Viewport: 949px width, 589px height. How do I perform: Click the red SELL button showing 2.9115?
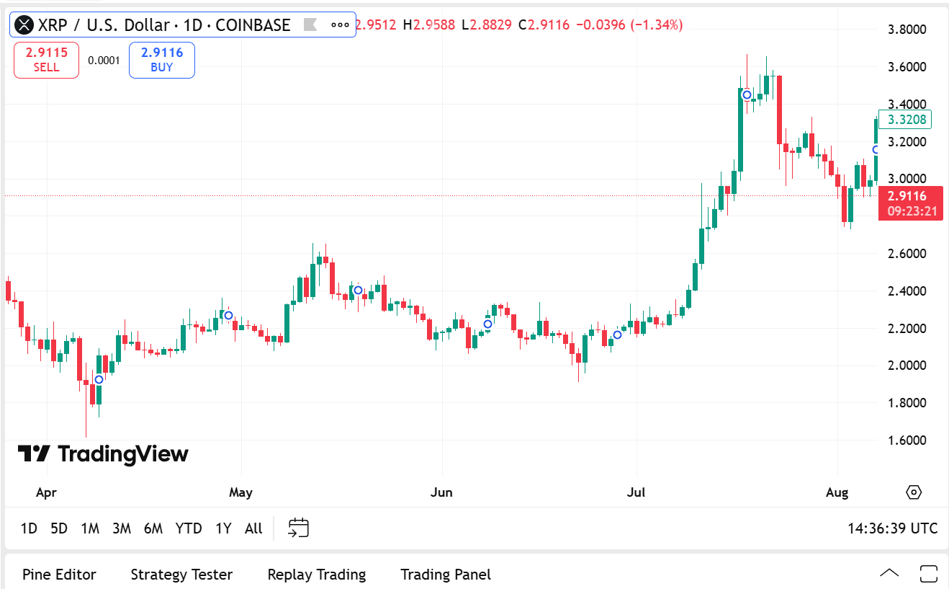click(x=46, y=60)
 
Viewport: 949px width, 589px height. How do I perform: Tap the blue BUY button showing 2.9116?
click(x=162, y=60)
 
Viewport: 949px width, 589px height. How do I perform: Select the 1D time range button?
click(x=29, y=528)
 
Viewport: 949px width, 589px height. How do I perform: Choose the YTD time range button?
click(x=189, y=528)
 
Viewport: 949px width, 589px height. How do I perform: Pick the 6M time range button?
click(x=153, y=528)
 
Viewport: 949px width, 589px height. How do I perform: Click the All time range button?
click(x=253, y=528)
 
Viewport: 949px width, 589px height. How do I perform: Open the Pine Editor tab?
click(x=59, y=575)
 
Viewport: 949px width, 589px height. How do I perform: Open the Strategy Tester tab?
click(x=181, y=575)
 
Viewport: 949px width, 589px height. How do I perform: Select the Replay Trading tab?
click(x=316, y=575)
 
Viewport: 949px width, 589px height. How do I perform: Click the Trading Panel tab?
click(x=446, y=575)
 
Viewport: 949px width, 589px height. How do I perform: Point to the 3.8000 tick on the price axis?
click(x=906, y=30)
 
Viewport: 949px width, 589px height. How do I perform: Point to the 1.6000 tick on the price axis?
click(x=906, y=440)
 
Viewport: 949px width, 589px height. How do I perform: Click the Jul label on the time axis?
click(x=636, y=493)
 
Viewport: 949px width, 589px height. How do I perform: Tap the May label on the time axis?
click(x=240, y=493)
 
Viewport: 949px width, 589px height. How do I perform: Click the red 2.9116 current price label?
click(x=910, y=203)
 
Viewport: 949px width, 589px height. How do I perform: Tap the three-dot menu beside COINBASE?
click(x=340, y=25)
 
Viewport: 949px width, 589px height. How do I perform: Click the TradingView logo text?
click(x=103, y=453)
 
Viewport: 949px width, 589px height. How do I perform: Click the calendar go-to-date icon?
click(x=298, y=528)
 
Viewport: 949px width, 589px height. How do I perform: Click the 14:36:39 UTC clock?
click(x=892, y=528)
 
